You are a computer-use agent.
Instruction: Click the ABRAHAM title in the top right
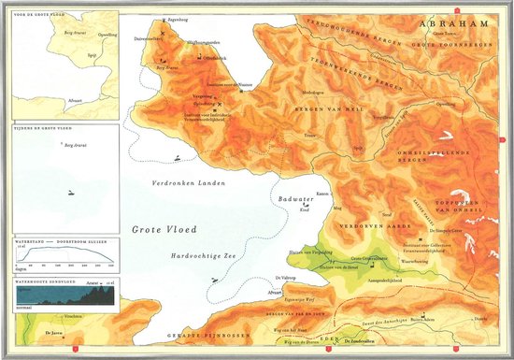454,22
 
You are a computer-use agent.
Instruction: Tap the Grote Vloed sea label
156,227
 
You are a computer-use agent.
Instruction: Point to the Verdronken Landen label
181,183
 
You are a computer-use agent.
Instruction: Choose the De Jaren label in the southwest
53,331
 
